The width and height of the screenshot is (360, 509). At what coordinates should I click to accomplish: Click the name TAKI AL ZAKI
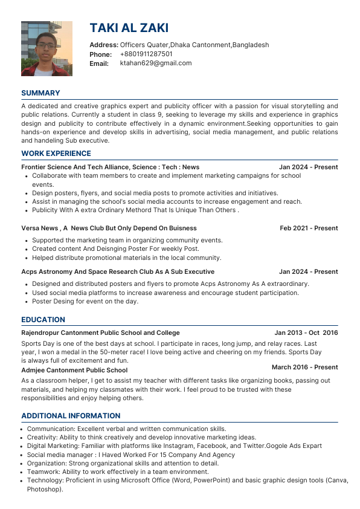pos(129,28)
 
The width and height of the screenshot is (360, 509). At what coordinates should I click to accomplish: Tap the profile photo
pos(47,48)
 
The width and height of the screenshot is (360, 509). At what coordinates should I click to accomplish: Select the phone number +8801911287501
pos(146,54)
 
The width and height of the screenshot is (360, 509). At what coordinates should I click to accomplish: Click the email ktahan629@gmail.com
pos(156,63)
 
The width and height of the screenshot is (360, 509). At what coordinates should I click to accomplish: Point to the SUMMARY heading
pos(40,93)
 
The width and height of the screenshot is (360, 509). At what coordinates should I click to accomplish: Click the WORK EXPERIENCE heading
pos(56,154)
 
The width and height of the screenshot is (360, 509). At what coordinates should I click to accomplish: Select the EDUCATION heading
pos(43,320)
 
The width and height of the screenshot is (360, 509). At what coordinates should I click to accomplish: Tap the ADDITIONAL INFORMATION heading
pos(71,416)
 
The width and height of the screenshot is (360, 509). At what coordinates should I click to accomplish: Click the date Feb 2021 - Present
pos(309,229)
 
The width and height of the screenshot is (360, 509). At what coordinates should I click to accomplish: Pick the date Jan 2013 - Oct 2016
pos(306,332)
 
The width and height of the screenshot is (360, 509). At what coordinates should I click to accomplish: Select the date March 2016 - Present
pos(304,367)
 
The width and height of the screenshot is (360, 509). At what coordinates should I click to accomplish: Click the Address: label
pos(104,45)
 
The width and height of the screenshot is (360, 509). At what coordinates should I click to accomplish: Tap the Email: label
pos(99,63)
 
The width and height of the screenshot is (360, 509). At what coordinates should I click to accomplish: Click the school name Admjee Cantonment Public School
pos(74,370)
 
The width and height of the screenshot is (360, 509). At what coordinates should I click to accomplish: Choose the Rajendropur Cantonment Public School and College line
pos(100,332)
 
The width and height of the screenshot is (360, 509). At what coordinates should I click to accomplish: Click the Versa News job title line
pos(109,229)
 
